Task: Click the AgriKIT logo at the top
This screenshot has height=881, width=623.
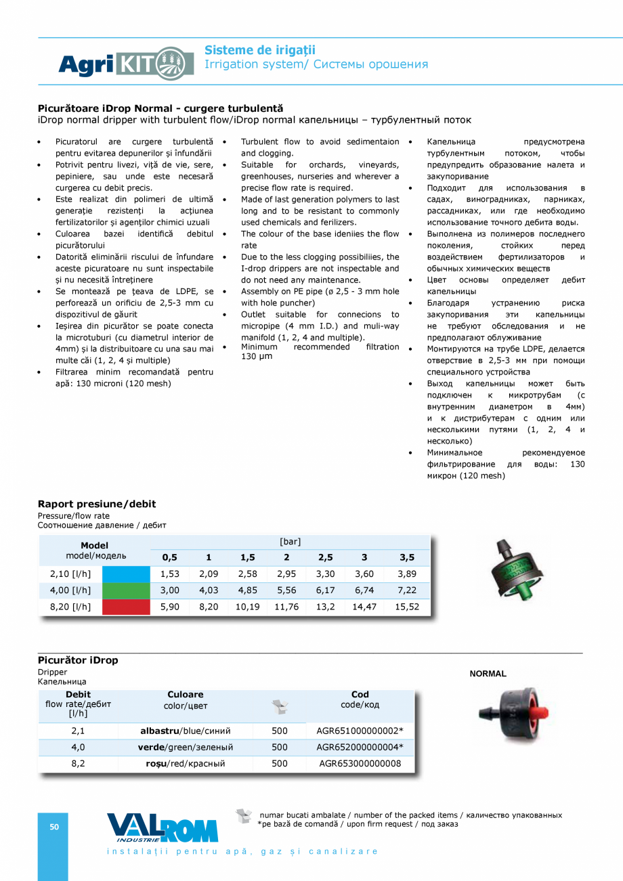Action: click(x=116, y=64)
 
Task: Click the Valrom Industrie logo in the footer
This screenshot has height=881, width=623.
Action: click(x=163, y=828)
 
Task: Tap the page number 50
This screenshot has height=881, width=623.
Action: click(x=53, y=827)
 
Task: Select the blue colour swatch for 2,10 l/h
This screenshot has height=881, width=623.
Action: click(x=126, y=574)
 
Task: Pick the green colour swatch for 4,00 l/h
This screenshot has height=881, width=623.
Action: click(x=126, y=590)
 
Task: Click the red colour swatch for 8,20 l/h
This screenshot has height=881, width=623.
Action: click(x=126, y=607)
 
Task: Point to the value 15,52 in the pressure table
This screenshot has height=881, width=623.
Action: click(x=406, y=607)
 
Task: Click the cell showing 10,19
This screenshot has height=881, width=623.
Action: click(x=247, y=607)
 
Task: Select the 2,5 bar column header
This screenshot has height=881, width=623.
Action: click(x=326, y=557)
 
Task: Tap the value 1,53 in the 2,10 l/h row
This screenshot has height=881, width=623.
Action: click(x=169, y=574)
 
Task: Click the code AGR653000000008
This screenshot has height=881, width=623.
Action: click(x=360, y=764)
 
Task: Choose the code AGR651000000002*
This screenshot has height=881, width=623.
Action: click(x=360, y=731)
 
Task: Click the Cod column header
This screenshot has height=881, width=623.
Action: click(x=360, y=695)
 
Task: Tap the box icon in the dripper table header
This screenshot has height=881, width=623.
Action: click(x=280, y=707)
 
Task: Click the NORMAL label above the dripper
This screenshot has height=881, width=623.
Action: click(x=488, y=674)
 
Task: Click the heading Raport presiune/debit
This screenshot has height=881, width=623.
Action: click(x=97, y=504)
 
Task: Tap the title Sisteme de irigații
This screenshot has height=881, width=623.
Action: click(x=260, y=50)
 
